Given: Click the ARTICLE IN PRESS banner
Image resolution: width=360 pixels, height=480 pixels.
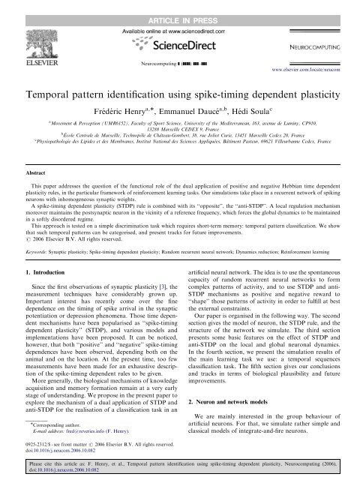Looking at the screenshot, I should [180, 7].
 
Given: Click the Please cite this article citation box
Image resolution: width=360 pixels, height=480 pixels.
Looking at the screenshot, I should [180, 470].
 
